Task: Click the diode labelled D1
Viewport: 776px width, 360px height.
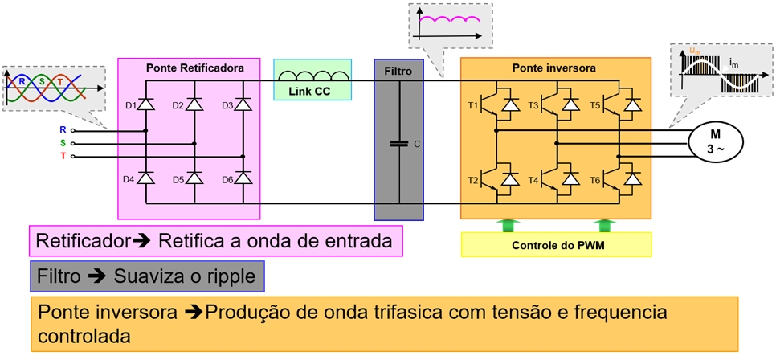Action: [x=145, y=104]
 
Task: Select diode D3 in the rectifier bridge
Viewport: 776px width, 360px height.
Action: [x=243, y=104]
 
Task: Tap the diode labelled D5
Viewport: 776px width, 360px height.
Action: [x=194, y=179]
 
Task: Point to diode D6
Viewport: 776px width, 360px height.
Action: [x=243, y=179]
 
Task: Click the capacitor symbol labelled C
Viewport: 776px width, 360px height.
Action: [x=398, y=144]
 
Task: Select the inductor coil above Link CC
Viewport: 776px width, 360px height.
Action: [x=313, y=76]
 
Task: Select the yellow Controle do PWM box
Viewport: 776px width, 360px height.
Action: [x=557, y=244]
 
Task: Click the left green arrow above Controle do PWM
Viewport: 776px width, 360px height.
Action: [x=508, y=225]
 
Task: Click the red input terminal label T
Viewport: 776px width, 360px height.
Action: [x=63, y=156]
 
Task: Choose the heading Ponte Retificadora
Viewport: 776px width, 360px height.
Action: [x=195, y=68]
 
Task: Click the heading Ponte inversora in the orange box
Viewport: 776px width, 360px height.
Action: [x=553, y=68]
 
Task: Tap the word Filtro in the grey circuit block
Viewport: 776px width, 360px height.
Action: [x=398, y=71]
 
